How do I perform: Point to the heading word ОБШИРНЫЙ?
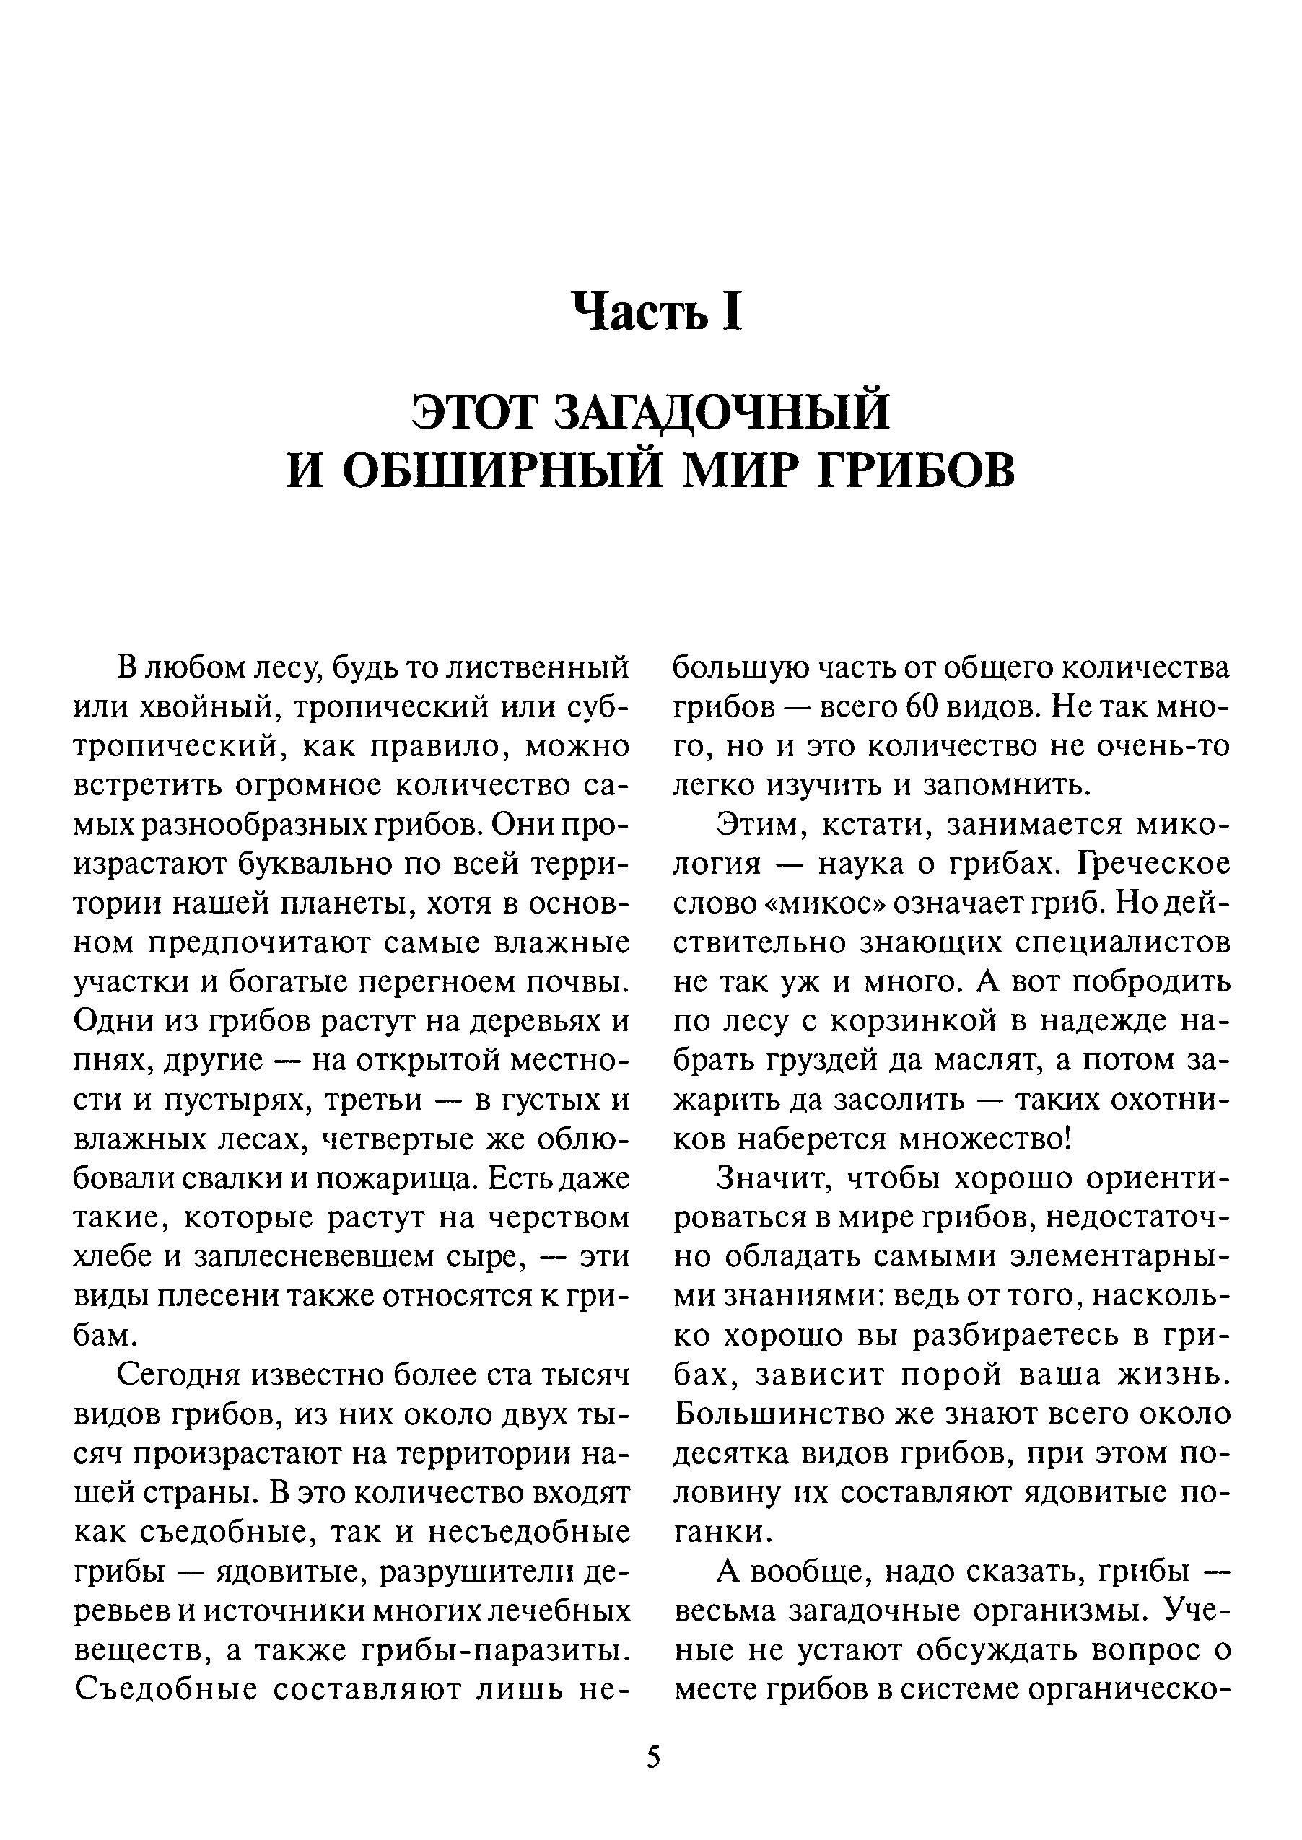502,470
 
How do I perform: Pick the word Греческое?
1153,864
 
